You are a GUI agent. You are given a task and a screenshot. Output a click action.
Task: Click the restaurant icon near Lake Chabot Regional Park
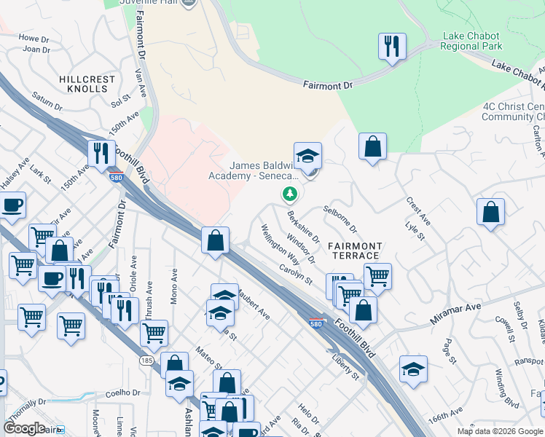pyautogui.click(x=392, y=47)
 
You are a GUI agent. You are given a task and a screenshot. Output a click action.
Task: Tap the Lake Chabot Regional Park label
pyautogui.click(x=473, y=41)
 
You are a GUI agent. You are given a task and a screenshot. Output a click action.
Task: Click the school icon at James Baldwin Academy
pyautogui.click(x=307, y=156)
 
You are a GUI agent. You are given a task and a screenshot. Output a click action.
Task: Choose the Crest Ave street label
pyautogui.click(x=419, y=210)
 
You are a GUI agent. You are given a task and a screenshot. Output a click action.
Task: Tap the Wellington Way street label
pyautogui.click(x=281, y=244)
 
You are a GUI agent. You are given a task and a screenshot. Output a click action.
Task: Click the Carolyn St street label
pyautogui.click(x=295, y=274)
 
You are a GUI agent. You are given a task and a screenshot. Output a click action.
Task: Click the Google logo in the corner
pyautogui.click(x=24, y=428)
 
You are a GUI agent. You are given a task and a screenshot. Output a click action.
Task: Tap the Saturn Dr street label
pyautogui.click(x=47, y=101)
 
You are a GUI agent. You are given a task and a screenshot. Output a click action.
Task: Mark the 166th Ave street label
pyautogui.click(x=445, y=420)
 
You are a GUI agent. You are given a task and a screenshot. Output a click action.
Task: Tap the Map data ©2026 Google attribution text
pyautogui.click(x=499, y=431)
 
